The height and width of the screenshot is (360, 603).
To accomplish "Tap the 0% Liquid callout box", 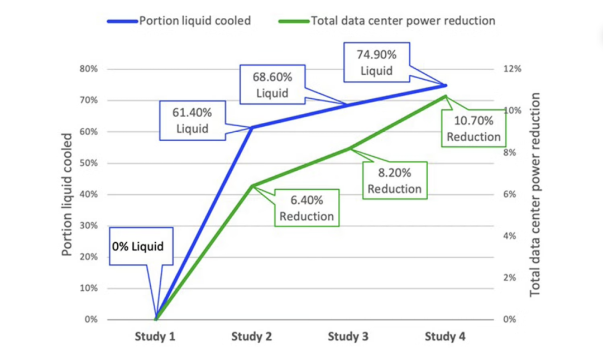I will [x=138, y=246].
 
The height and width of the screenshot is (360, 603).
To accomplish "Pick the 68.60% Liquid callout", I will [x=272, y=84].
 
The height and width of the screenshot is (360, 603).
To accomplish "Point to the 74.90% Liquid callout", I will [x=376, y=63].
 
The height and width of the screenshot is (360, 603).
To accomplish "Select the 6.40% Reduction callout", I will [x=307, y=208].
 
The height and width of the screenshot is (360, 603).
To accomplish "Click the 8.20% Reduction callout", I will [x=394, y=180].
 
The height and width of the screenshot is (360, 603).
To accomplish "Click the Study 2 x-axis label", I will [x=251, y=336].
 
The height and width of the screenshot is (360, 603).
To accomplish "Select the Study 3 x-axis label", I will [x=348, y=336].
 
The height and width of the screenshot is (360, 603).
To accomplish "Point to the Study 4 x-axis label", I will [x=445, y=336].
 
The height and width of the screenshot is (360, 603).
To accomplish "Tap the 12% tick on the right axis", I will [x=513, y=69].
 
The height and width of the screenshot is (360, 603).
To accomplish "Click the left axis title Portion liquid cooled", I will [x=67, y=194].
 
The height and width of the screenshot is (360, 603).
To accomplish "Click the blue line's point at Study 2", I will [x=252, y=128].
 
